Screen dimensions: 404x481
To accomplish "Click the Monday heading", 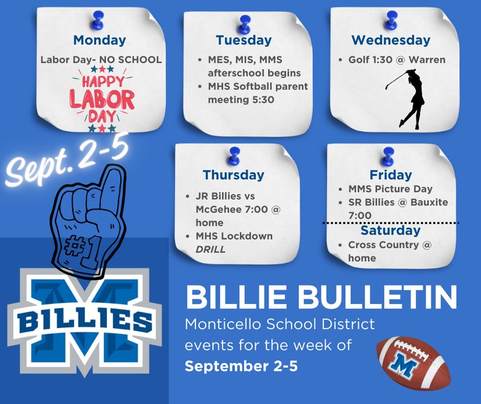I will (x=99, y=40).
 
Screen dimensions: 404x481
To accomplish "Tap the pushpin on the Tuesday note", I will (x=244, y=23).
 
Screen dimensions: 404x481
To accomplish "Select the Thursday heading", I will (x=233, y=175).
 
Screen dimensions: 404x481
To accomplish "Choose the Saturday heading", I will (x=390, y=231).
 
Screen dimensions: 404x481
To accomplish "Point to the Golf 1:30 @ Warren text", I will (x=397, y=60).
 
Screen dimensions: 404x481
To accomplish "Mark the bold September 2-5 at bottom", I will (x=241, y=366).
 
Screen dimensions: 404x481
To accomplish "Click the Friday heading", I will (x=390, y=175).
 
